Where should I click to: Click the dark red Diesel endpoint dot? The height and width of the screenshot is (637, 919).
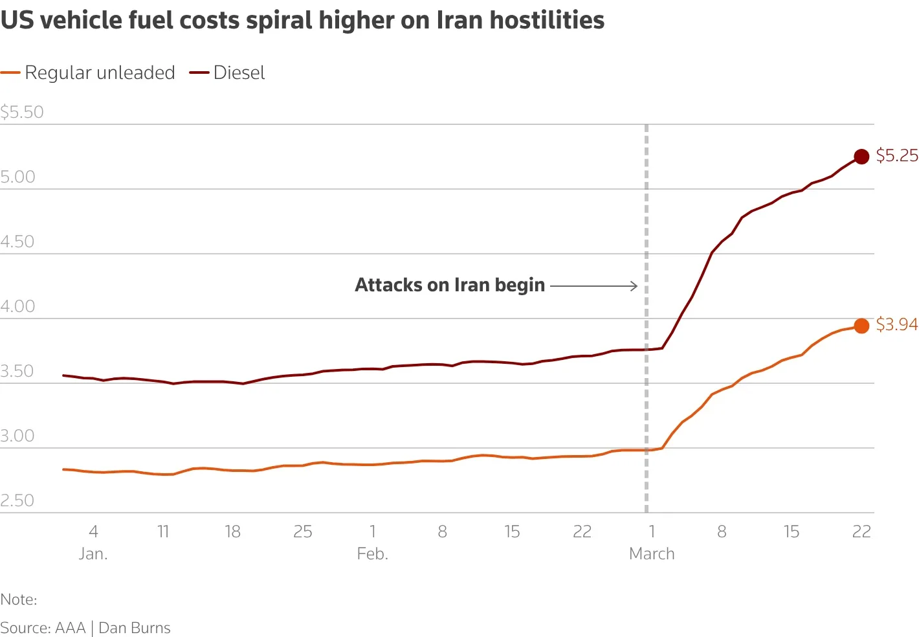point(861,157)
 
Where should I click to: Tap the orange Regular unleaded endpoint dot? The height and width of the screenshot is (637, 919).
point(861,326)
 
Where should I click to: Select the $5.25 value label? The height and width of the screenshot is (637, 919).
point(897,155)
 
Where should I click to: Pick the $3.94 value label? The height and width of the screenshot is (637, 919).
point(897,324)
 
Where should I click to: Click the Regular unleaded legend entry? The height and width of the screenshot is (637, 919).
point(88,73)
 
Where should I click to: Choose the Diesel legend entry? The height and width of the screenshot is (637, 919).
point(227,73)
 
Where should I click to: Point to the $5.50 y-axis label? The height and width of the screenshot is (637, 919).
point(22,112)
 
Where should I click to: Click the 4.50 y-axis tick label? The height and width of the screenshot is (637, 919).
point(17,242)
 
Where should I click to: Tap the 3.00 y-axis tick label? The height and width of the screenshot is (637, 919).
point(17,436)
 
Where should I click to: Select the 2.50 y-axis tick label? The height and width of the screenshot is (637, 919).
point(17,501)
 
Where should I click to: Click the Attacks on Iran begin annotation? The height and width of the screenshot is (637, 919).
point(450,285)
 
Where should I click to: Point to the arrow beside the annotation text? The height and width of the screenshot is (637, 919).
point(593,285)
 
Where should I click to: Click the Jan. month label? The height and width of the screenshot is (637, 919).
point(93,554)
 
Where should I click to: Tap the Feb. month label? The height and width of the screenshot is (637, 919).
point(372,554)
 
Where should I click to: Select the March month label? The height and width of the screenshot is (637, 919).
point(652,554)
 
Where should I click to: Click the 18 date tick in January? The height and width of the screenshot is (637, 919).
point(232,532)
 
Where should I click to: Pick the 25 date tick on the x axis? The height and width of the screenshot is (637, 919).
point(303,532)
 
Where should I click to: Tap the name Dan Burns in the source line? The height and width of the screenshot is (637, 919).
point(135,628)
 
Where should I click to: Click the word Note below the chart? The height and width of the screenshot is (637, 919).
point(17,599)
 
